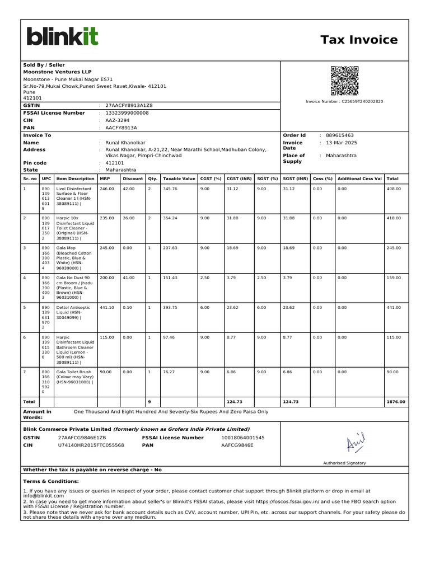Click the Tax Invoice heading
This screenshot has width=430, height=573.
[359, 40]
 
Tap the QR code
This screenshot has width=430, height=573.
[344, 81]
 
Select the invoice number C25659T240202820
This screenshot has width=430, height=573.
[344, 101]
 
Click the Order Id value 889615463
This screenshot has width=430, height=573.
[339, 135]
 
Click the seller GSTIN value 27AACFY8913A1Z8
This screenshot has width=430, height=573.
[129, 105]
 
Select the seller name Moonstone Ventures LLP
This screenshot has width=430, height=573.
[57, 72]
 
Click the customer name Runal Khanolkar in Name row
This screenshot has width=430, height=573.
[125, 143]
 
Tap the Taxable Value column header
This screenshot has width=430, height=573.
[179, 179]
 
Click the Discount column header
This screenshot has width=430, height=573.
[133, 179]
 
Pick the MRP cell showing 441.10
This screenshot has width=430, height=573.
[106, 307]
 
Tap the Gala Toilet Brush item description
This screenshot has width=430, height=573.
[75, 377]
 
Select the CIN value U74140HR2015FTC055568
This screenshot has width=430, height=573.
[91, 445]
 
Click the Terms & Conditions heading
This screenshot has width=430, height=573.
[51, 481]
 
